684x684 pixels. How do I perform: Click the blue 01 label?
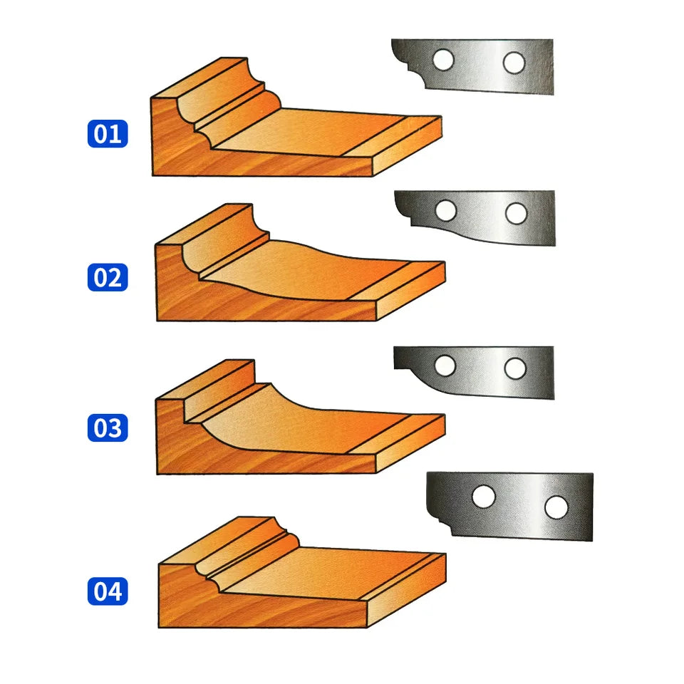click(x=108, y=133)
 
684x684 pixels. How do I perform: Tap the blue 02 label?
click(x=108, y=277)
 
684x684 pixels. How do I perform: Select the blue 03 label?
click(x=108, y=427)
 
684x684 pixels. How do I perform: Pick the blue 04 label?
click(x=108, y=591)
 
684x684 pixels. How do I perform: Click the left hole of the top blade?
click(x=444, y=59)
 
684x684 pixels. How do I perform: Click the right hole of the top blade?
click(x=514, y=63)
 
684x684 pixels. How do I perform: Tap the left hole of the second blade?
click(x=446, y=211)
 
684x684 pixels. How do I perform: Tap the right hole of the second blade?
click(x=517, y=213)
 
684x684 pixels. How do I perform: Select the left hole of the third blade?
click(x=445, y=366)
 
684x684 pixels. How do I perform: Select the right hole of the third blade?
click(x=515, y=368)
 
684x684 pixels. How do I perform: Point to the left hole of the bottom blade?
click(x=484, y=497)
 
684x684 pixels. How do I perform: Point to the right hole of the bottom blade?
click(x=556, y=507)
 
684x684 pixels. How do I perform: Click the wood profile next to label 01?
click(x=296, y=117)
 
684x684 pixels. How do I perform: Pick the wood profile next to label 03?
click(x=300, y=417)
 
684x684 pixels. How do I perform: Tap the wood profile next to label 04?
click(x=302, y=572)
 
